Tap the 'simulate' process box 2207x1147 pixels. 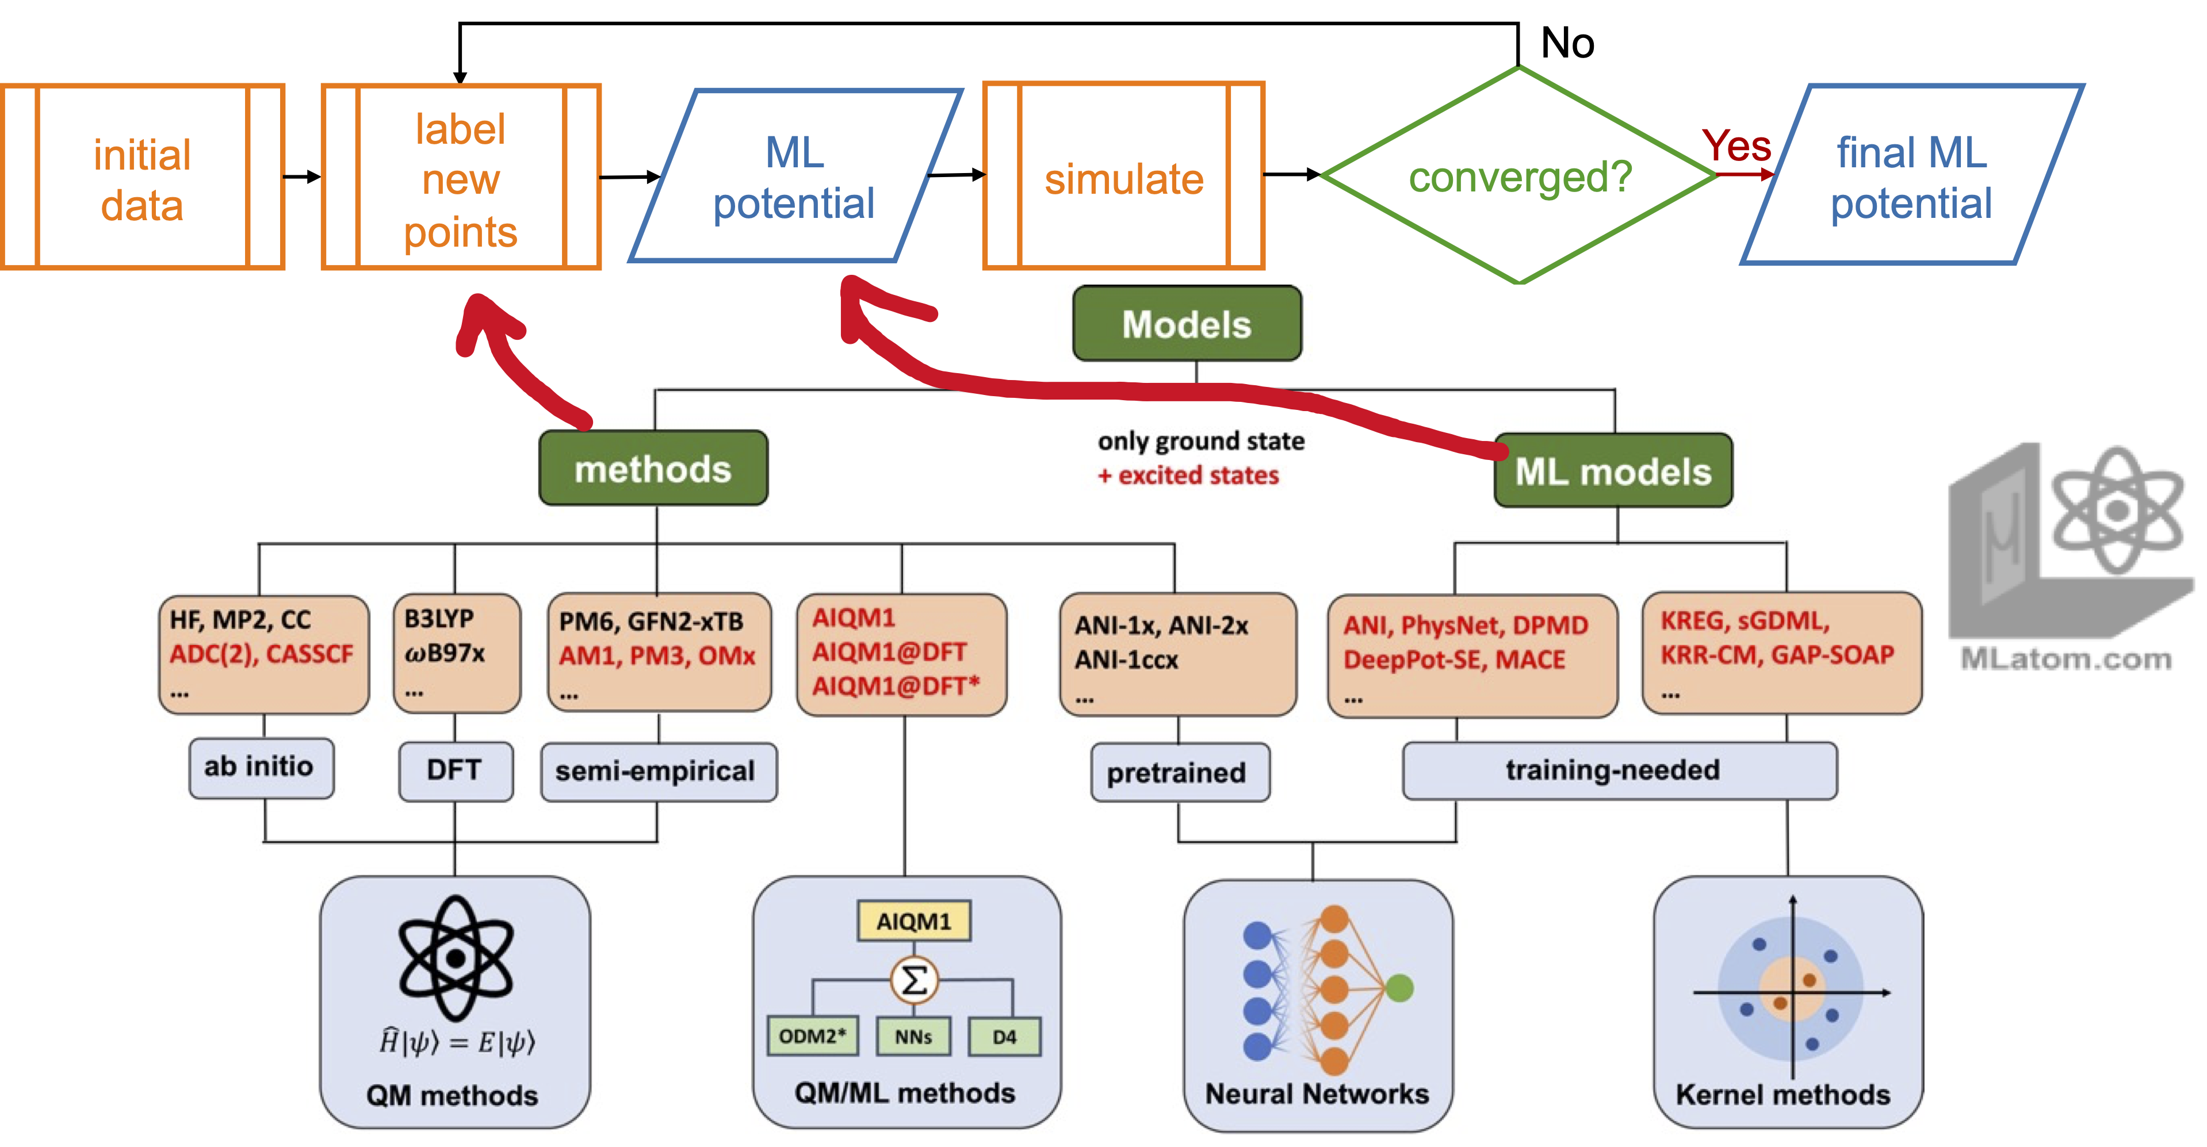(1123, 177)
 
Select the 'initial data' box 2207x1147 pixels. (142, 177)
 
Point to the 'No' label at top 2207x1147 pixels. (1567, 43)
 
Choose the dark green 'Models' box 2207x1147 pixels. (1187, 324)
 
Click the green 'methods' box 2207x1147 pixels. (653, 469)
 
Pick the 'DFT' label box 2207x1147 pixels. (455, 770)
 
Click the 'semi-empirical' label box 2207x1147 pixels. (657, 771)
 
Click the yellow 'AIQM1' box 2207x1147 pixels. (913, 922)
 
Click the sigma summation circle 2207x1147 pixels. (914, 980)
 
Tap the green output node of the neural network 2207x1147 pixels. (1398, 988)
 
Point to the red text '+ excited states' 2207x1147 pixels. (1188, 475)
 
